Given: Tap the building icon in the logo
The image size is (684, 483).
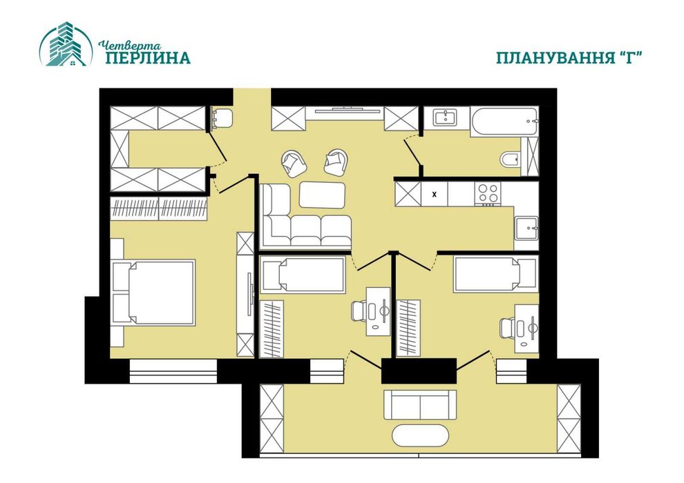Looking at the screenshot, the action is point(66,44).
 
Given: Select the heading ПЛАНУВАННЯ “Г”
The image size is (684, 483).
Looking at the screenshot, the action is point(570,57).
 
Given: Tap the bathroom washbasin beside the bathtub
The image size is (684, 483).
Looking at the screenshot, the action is point(446,117).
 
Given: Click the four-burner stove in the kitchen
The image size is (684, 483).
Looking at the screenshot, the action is point(488,194).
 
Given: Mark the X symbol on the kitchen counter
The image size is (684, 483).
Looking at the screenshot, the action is point(434,195).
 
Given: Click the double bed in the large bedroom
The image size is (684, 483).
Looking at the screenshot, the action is point(153,293).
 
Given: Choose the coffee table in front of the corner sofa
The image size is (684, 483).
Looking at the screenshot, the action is point(323,195).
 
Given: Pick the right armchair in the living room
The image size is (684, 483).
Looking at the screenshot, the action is point(336,162).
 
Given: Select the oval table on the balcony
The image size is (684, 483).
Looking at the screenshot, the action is point(420,435).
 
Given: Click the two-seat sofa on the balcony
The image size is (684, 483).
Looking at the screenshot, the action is point(420,404).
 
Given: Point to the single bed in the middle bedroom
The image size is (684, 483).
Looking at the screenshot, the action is point(303,275).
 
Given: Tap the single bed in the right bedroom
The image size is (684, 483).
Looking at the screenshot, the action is point(496,273).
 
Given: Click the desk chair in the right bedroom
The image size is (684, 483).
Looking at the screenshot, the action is point(507,327).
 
